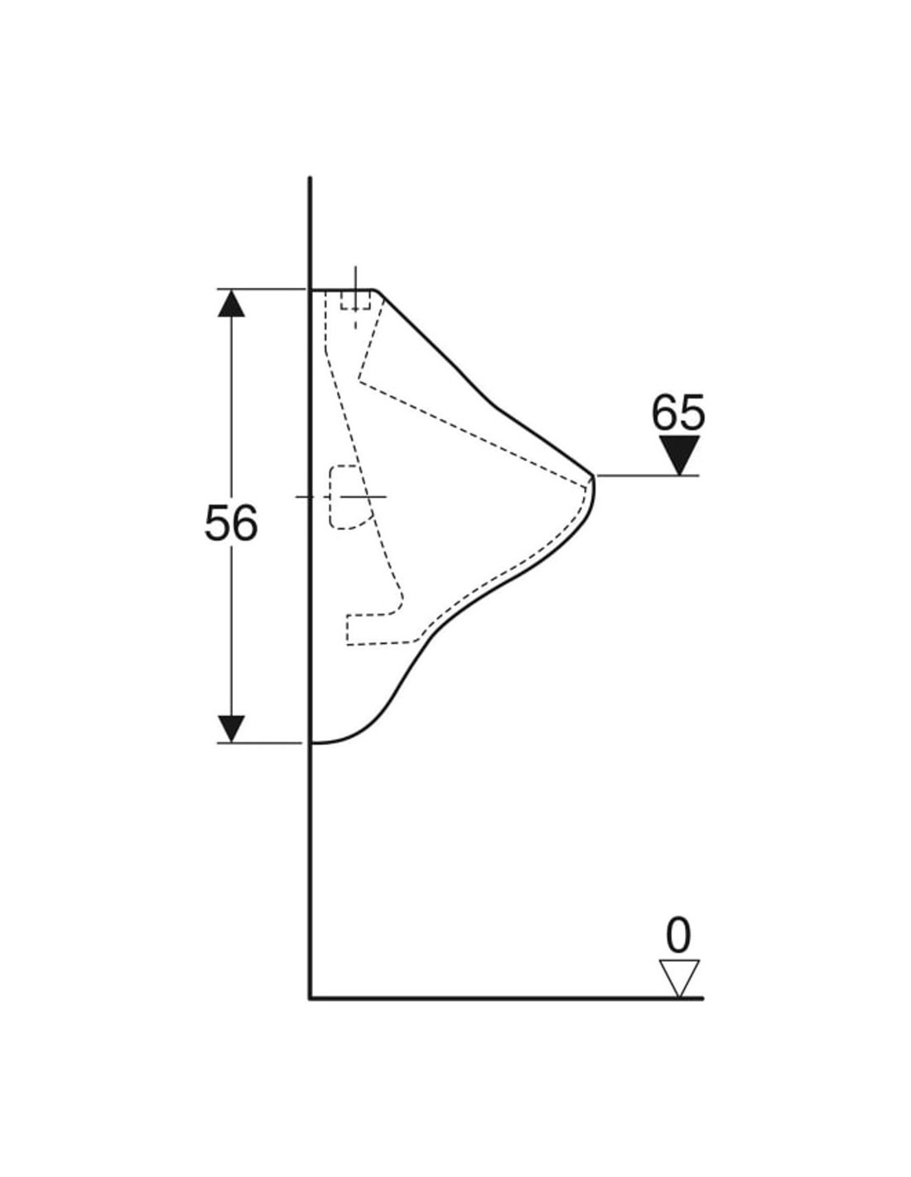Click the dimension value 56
click(x=231, y=523)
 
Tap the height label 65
click(x=677, y=411)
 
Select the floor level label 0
click(x=677, y=936)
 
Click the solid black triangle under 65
click(x=679, y=454)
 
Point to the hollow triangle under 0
click(x=679, y=977)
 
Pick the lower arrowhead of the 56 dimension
click(x=231, y=728)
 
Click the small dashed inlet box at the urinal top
click(x=355, y=300)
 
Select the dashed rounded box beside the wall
click(x=349, y=497)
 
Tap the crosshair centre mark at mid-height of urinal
click(x=361, y=496)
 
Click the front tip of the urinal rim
click(x=594, y=477)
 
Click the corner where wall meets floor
click(x=311, y=998)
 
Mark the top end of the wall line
click(x=310, y=179)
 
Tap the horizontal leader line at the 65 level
click(x=646, y=475)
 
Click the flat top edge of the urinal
click(x=341, y=290)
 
